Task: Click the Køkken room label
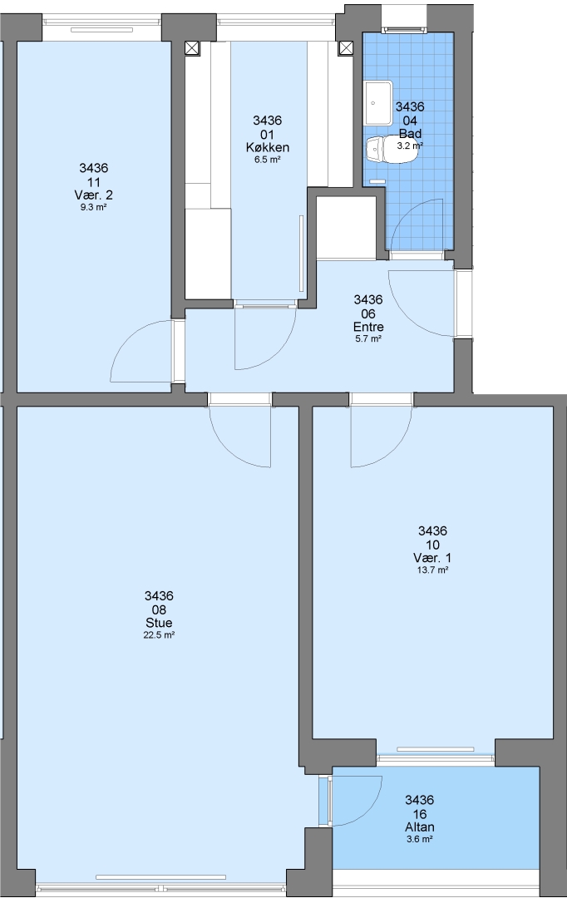[x=267, y=148]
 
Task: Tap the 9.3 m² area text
[x=94, y=207]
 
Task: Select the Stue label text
[x=159, y=623]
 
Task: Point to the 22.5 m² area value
[x=159, y=634]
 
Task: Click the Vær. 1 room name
[x=432, y=558]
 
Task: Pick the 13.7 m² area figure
[x=432, y=570]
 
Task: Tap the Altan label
[x=419, y=827]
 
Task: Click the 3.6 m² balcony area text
[x=419, y=839]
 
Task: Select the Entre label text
[x=368, y=327]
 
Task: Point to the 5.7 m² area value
[x=368, y=339]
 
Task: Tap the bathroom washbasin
[x=378, y=102]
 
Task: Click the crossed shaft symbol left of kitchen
[x=193, y=48]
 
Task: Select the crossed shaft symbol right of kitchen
[x=346, y=48]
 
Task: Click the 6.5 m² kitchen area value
[x=267, y=160]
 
